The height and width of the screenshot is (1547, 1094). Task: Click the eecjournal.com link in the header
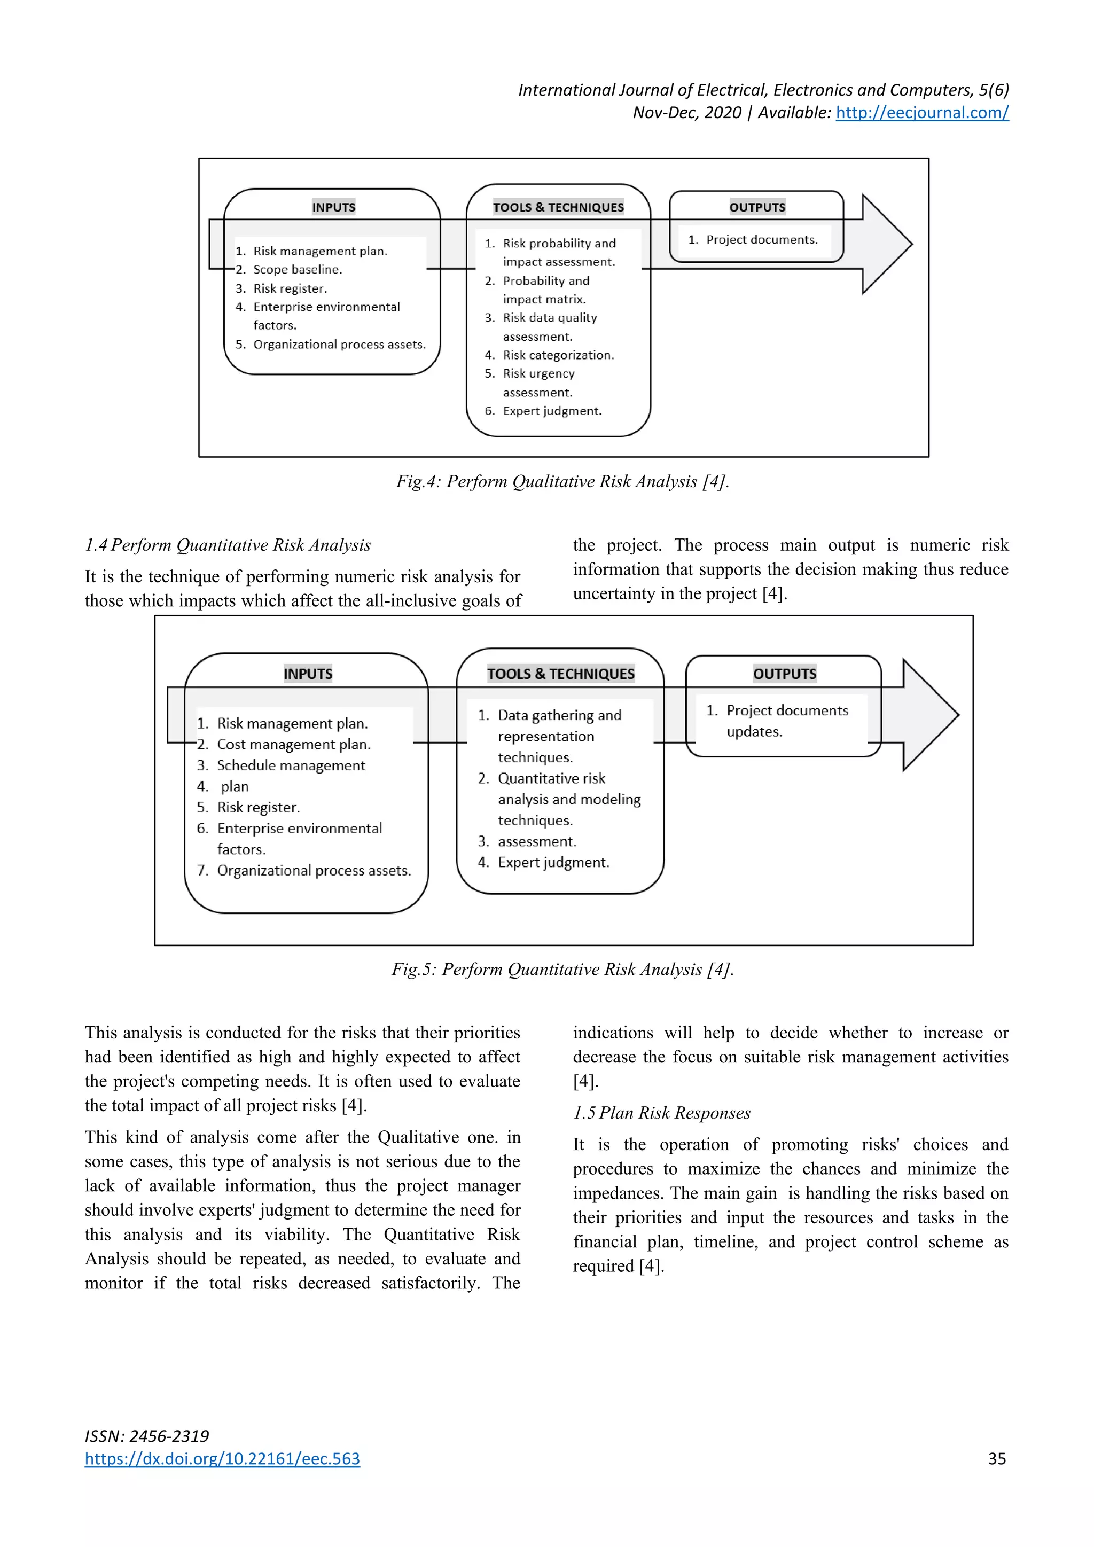click(x=921, y=113)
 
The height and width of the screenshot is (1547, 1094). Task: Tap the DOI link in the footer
click(x=222, y=1459)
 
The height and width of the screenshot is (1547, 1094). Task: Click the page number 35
click(x=996, y=1459)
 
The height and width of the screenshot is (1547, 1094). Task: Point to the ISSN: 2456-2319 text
click(x=147, y=1436)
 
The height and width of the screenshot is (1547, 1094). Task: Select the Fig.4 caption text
click(x=562, y=482)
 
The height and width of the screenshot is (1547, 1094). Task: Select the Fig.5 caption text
click(x=562, y=970)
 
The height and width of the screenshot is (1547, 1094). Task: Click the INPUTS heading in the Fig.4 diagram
click(x=333, y=207)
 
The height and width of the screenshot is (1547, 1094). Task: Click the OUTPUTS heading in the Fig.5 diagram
click(x=784, y=674)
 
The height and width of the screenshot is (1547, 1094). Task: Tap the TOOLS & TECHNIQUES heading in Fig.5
click(x=560, y=674)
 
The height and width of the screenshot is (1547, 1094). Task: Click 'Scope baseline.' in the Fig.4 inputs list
click(x=297, y=270)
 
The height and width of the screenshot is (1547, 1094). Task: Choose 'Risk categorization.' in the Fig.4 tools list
click(x=558, y=355)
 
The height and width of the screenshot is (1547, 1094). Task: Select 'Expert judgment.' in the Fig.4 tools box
click(x=552, y=411)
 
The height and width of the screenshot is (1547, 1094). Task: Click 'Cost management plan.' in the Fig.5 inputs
click(x=294, y=745)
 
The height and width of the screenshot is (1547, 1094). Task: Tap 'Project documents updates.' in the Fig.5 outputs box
click(x=786, y=721)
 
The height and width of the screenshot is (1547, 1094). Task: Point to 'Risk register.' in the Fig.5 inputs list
click(x=258, y=807)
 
